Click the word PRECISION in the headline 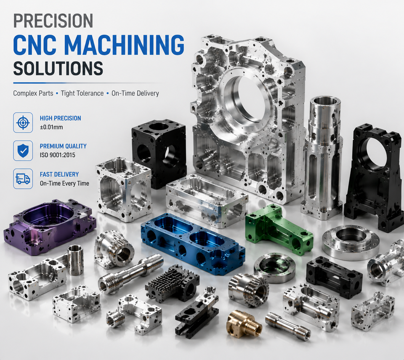point(53,21)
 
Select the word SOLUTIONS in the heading point(58,68)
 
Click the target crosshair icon point(23,123)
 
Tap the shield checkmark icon point(23,151)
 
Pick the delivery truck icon point(23,179)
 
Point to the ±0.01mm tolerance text point(51,127)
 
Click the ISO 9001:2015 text point(58,155)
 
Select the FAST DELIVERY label point(59,174)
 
